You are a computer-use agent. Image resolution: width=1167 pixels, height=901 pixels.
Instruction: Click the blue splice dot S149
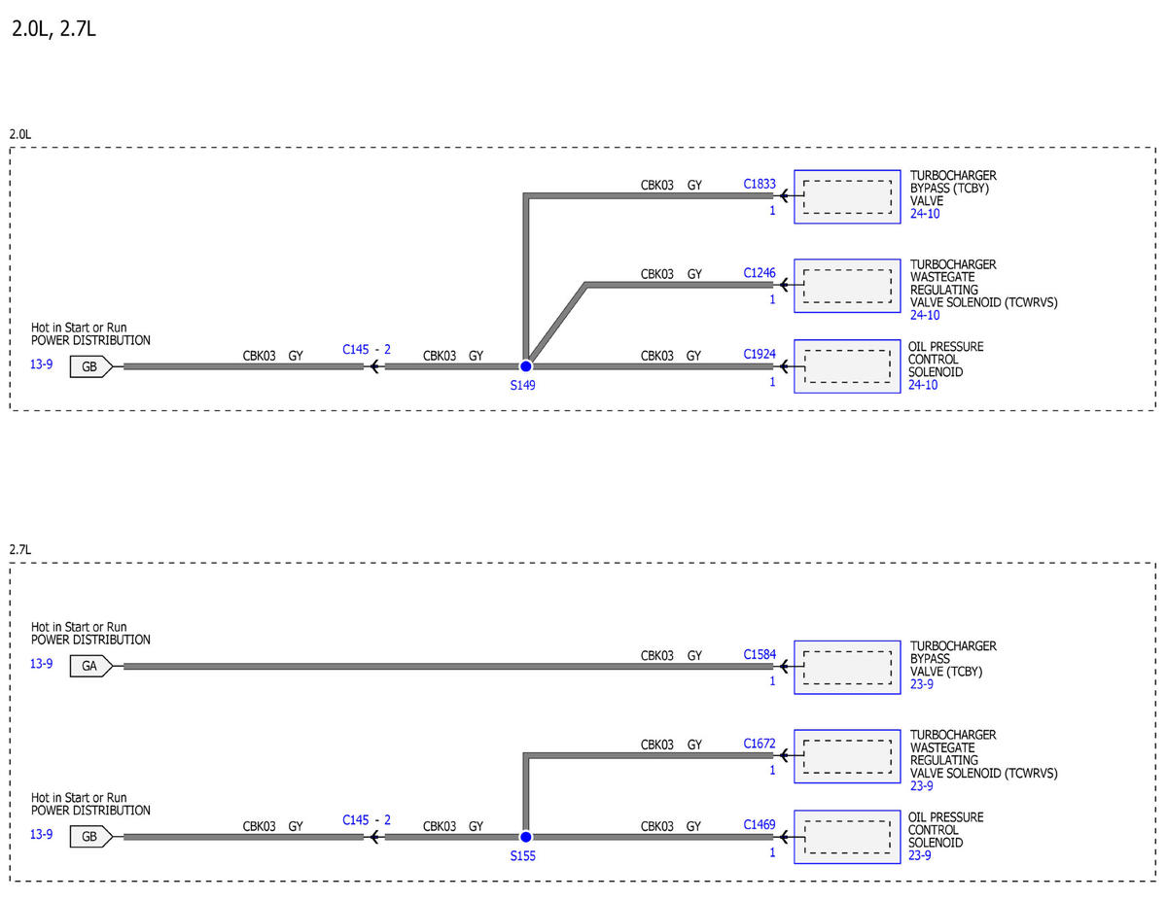526,366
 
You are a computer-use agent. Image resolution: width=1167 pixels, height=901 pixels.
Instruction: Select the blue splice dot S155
526,837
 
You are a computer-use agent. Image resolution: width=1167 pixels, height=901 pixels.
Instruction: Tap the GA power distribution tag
91,666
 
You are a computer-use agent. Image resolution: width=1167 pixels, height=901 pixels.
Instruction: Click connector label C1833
760,184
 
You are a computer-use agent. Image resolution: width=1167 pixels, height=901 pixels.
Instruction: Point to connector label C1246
760,273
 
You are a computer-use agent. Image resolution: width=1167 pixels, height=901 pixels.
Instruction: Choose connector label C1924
760,354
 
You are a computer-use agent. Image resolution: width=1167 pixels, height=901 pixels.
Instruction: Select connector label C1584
760,655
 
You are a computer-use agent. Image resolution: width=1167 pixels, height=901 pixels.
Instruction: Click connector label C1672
760,744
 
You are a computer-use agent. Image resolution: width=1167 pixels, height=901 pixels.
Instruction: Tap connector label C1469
760,825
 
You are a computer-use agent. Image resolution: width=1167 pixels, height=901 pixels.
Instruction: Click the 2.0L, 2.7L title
53,29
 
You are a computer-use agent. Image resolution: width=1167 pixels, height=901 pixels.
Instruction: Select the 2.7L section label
20,549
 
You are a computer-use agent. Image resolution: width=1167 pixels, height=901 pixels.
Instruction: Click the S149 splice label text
522,385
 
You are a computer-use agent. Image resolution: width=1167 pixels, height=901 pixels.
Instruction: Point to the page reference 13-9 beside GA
42,664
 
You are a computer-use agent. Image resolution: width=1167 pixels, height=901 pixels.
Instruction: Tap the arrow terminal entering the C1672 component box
791,755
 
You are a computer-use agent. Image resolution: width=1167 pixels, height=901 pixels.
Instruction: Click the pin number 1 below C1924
772,382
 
